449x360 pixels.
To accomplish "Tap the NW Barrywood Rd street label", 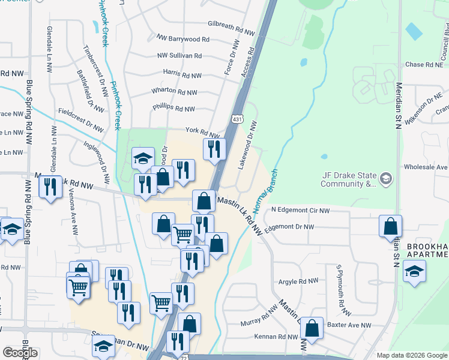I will tap(183, 40).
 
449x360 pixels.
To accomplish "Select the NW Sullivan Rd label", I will tap(179, 56).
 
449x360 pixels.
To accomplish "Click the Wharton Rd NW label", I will tap(175, 92).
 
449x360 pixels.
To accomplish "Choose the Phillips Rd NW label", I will tap(173, 109).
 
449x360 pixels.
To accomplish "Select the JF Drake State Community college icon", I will tap(386, 178).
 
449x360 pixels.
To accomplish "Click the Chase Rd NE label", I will tap(424, 65).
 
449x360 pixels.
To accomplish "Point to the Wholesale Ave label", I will tap(426, 167).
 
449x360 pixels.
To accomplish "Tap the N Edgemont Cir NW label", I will tap(300, 211).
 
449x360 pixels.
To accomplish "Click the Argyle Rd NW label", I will tap(298, 281).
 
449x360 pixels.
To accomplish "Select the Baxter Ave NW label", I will tap(350, 325).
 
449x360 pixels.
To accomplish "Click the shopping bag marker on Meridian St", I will tap(390, 227).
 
